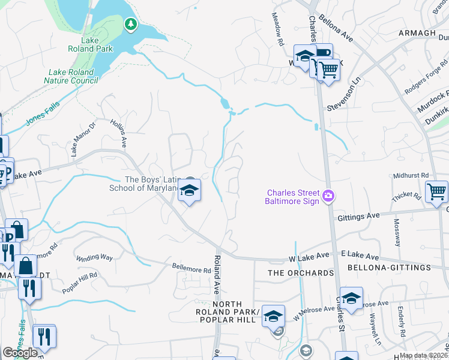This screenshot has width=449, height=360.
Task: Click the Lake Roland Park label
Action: coord(81,45)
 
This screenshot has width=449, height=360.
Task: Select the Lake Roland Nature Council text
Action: coord(71,76)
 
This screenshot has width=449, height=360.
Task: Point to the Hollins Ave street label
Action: coord(118,133)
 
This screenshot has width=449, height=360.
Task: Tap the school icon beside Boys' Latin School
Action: coord(189,191)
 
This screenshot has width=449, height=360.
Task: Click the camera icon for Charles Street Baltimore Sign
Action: coord(328,196)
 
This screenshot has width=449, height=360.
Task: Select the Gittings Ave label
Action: coord(358,215)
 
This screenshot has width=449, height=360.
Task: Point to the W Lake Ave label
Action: coord(309,256)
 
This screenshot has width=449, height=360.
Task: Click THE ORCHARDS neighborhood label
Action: coord(300,273)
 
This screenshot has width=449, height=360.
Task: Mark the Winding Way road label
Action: coord(94,257)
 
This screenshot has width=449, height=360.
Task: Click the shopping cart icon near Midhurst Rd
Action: coord(436,193)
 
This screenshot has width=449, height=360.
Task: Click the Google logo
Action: coord(20,353)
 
